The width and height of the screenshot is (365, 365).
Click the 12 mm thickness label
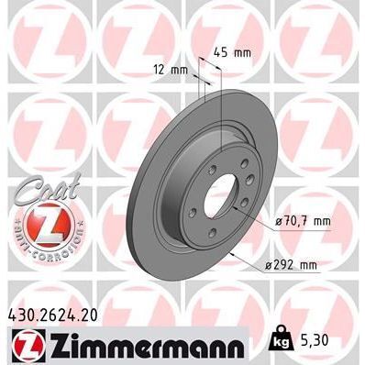point(171,70)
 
